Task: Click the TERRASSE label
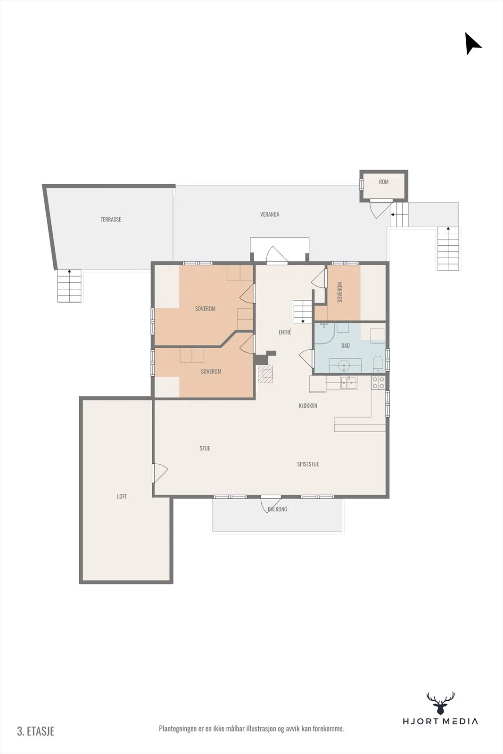coord(111,220)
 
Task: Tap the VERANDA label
coord(270,214)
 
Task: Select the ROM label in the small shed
coord(384,182)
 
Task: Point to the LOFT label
coord(122,496)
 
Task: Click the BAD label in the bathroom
coord(346,346)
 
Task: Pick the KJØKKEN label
coord(308,406)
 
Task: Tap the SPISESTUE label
coord(308,464)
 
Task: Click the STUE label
coord(205,448)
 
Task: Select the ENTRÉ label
coord(285,332)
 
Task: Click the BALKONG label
coord(277,509)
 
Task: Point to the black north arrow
coord(472,43)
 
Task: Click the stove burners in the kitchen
coord(378,383)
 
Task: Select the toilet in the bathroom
coord(378,364)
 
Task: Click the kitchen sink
coord(349,383)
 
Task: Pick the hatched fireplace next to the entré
coord(265,374)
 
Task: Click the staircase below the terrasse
coord(69,286)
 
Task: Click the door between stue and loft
coord(159,473)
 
